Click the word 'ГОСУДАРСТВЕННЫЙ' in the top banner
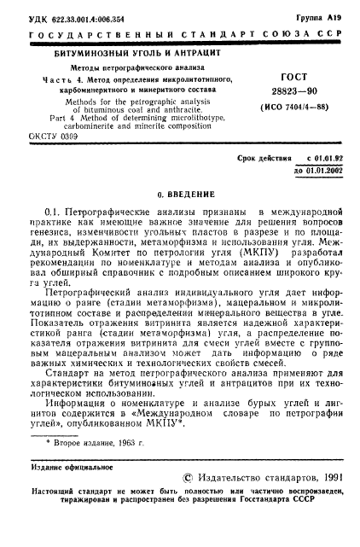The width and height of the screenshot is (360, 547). pos(87,34)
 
